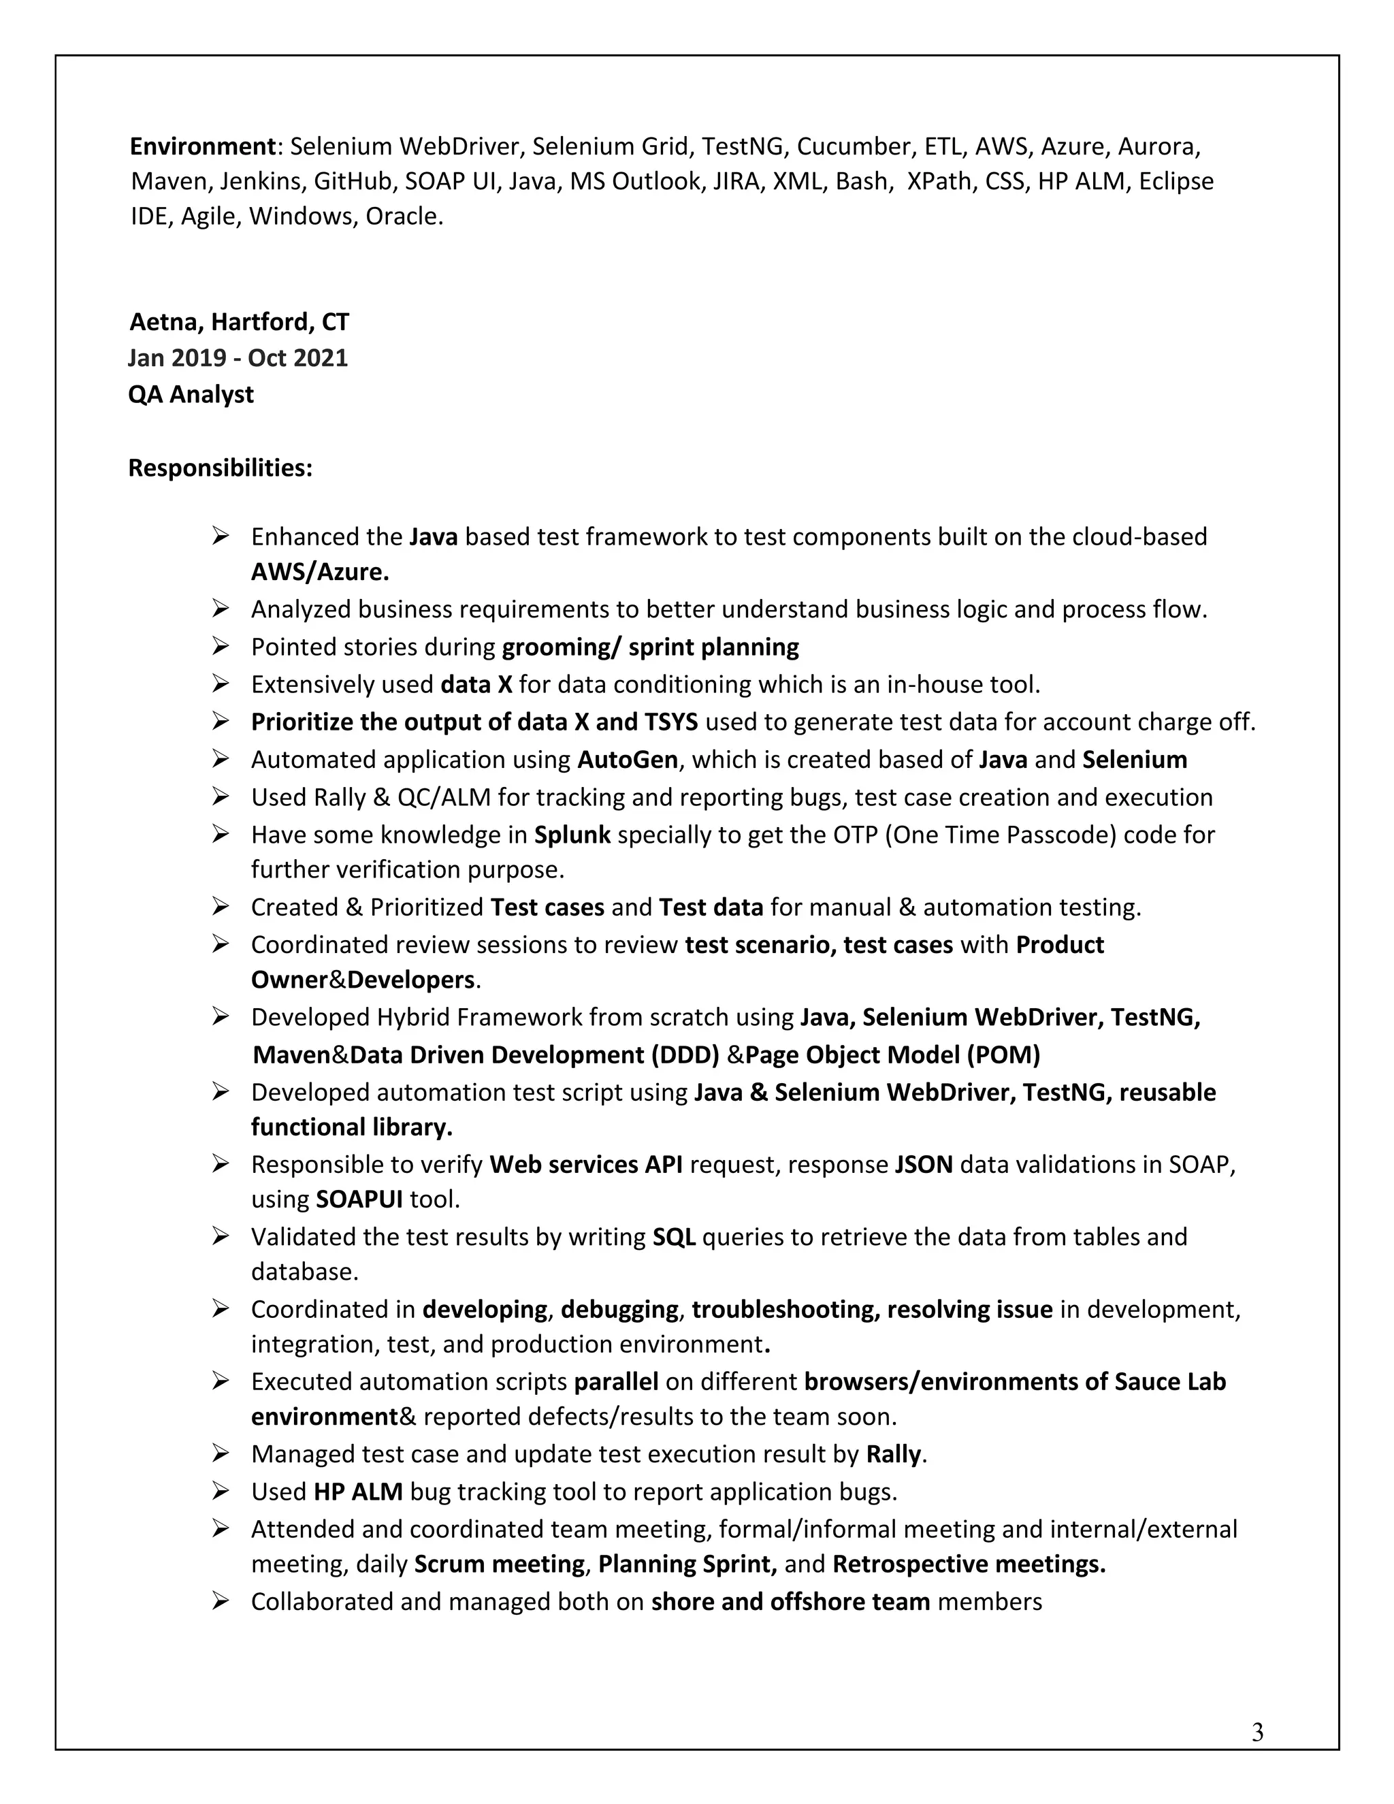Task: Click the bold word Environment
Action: click(202, 146)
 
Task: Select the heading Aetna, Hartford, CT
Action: click(239, 321)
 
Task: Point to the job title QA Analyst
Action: click(191, 394)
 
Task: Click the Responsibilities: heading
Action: click(221, 468)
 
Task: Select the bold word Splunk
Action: click(572, 835)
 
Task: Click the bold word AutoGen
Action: click(628, 759)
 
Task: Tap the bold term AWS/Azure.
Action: click(321, 572)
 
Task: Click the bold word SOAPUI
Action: click(359, 1199)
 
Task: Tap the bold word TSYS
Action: click(670, 722)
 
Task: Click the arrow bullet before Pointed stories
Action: click(220, 646)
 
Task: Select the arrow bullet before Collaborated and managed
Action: click(220, 1602)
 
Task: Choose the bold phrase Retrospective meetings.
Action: click(969, 1564)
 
